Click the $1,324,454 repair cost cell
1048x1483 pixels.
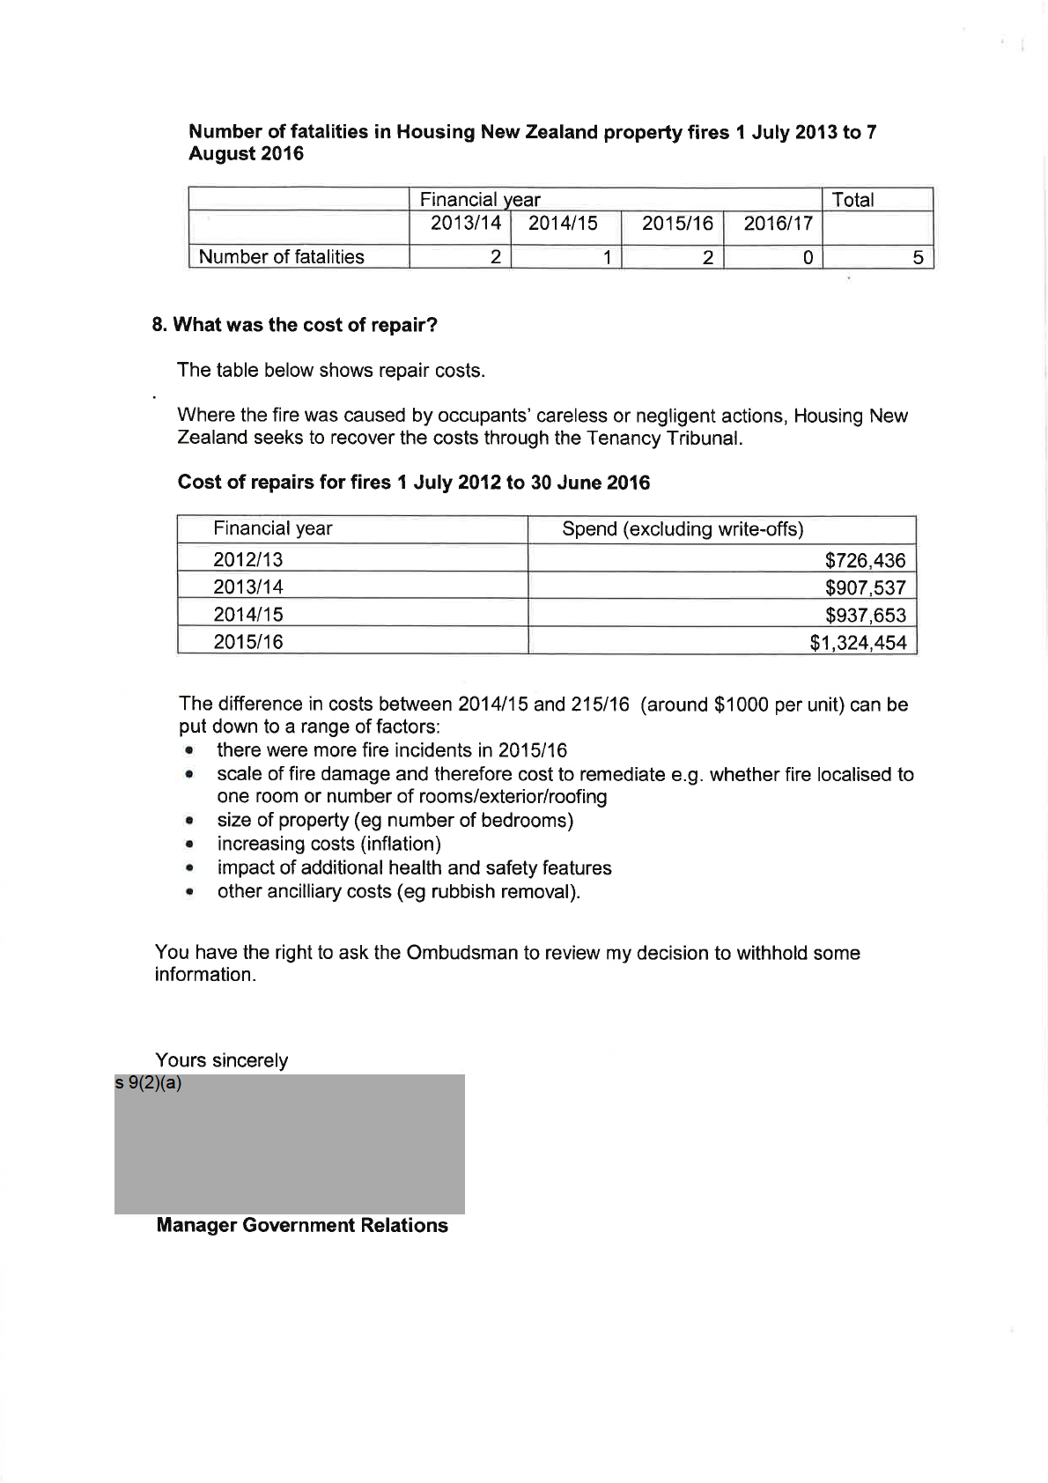(858, 643)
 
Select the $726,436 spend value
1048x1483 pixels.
(865, 560)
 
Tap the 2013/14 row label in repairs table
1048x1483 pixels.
(248, 587)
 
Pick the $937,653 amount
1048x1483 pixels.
(865, 616)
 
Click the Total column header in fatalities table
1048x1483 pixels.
(852, 200)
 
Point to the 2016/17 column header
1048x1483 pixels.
(778, 224)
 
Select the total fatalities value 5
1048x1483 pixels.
(918, 257)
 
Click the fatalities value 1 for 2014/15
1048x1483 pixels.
(607, 257)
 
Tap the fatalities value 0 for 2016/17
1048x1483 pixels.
(807, 257)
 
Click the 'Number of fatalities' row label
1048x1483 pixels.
(281, 257)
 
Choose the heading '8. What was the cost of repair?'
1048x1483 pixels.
(295, 325)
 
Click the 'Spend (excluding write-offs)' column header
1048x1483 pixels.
(683, 529)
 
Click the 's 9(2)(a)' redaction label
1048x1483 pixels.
(148, 1083)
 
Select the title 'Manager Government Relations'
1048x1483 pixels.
(301, 1226)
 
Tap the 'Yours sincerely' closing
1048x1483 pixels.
(221, 1060)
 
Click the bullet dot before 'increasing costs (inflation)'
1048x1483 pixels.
(188, 845)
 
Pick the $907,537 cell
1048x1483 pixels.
(865, 587)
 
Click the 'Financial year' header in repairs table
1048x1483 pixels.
(273, 528)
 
